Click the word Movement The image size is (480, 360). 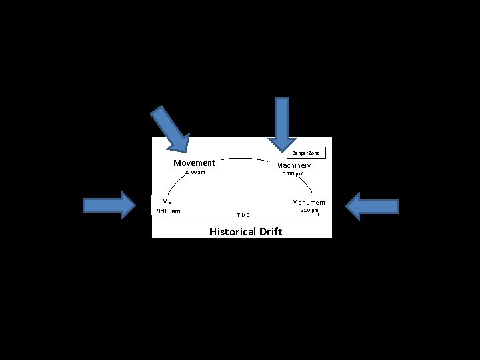tap(194, 163)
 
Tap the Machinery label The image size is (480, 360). tap(293, 165)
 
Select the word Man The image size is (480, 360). tap(169, 201)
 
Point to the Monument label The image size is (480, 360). tap(309, 202)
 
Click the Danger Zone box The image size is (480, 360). tap(306, 153)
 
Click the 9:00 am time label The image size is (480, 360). tap(168, 211)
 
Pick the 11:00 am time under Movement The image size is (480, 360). tap(195, 173)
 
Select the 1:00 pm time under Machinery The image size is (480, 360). tap(293, 174)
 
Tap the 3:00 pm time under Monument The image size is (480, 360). tap(309, 211)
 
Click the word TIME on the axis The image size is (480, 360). tap(243, 215)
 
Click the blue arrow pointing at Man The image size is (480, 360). tap(109, 205)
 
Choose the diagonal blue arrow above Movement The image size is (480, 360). tap(171, 129)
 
